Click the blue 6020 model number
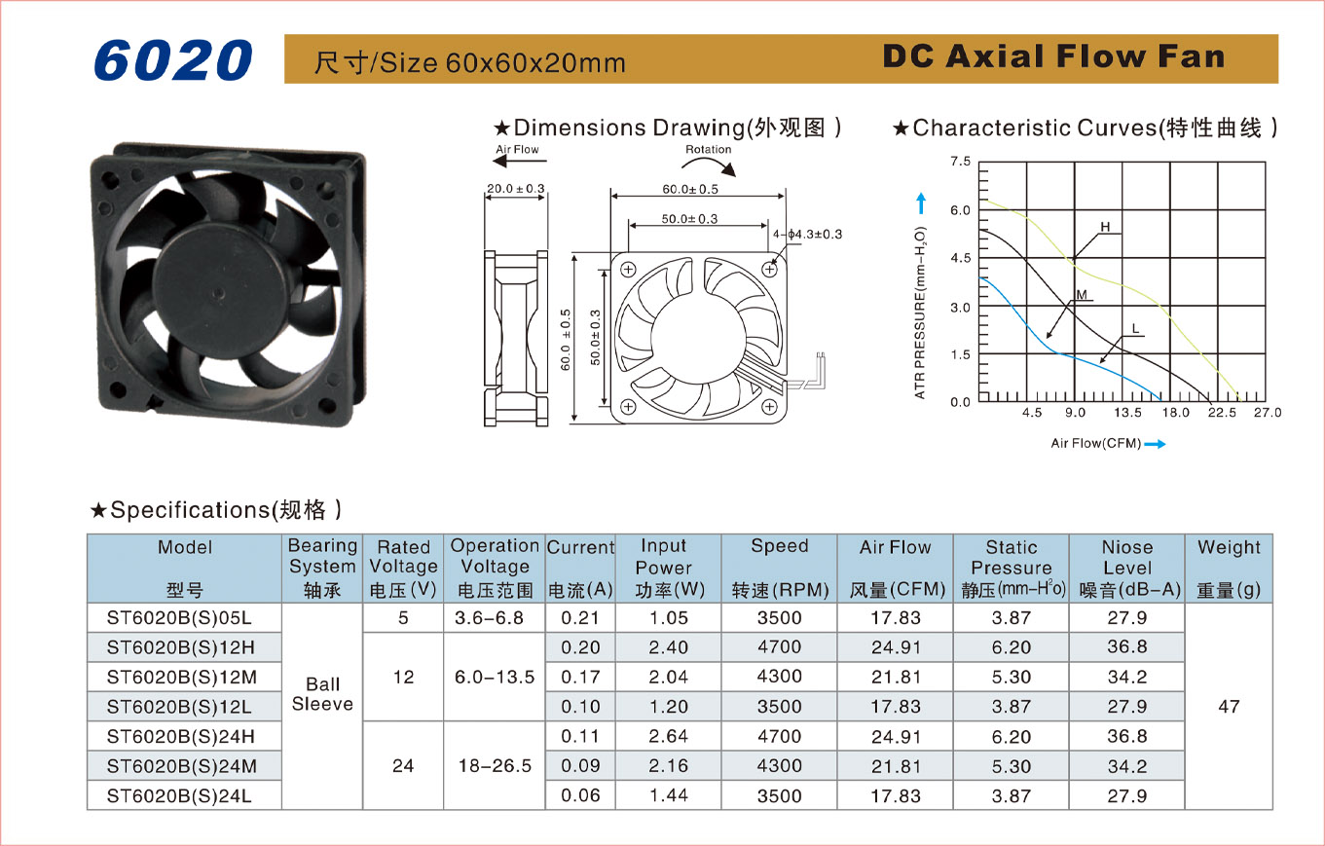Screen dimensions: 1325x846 coord(173,59)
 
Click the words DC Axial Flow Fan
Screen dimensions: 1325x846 coord(1053,56)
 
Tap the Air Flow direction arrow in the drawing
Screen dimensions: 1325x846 coord(521,161)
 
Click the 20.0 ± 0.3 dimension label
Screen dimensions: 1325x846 coord(515,189)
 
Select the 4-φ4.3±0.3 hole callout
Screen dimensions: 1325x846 coord(807,235)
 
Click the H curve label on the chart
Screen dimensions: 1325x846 coord(1106,227)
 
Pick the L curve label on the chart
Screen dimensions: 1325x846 coord(1135,329)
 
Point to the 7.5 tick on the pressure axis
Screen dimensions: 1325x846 coord(960,162)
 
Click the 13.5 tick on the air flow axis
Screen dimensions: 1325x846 coord(1127,413)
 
